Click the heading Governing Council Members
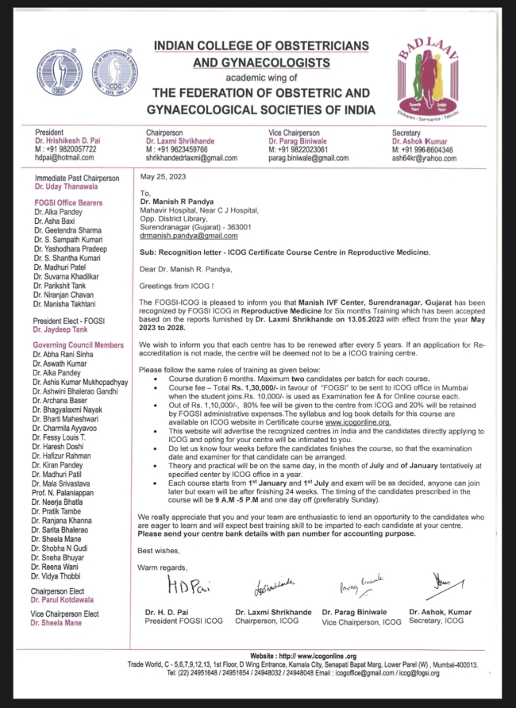(x=78, y=345)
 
